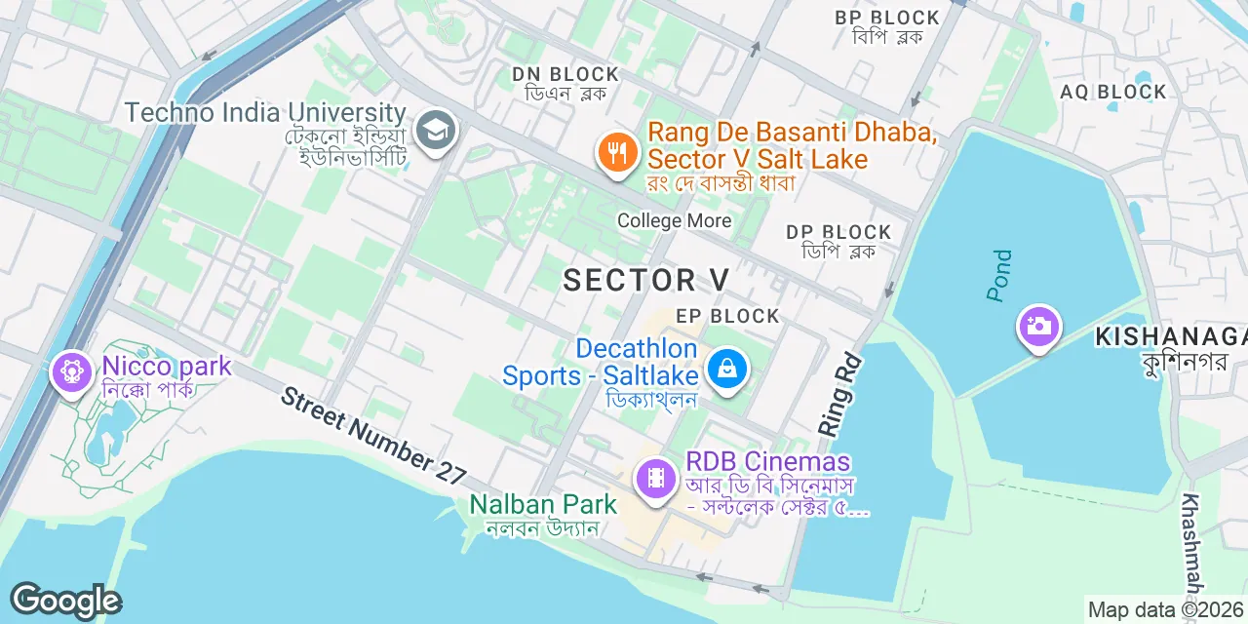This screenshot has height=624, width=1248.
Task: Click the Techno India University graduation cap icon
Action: coord(436,130)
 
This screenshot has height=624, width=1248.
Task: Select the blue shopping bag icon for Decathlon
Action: coord(726,369)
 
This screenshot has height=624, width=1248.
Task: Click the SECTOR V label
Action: coord(646,280)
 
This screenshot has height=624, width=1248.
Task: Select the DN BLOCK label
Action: coord(565,74)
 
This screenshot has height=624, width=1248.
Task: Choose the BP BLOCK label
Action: coord(887,18)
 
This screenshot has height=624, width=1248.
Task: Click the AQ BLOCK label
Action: coord(1113,92)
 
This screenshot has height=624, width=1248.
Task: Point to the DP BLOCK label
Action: coord(838,232)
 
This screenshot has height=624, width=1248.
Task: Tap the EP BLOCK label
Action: coord(728,316)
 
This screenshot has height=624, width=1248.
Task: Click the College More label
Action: coord(674,220)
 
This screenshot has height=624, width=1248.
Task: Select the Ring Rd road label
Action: coord(837,390)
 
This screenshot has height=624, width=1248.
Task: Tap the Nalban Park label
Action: coord(543,504)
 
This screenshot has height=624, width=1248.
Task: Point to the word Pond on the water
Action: coord(1000,276)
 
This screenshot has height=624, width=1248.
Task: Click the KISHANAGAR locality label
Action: coord(1170,337)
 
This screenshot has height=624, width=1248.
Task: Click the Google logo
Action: coord(65,601)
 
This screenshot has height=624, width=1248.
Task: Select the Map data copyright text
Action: coord(1166,610)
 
